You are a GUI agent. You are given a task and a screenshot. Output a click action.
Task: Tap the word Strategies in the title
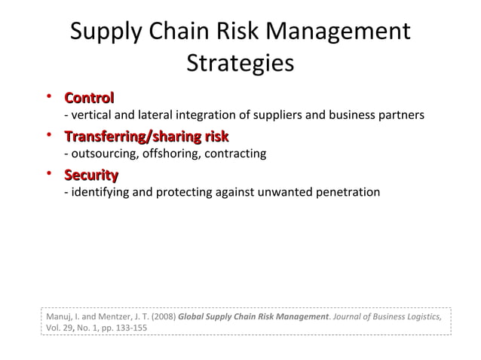(240, 63)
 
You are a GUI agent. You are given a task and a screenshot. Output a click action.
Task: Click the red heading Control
(89, 98)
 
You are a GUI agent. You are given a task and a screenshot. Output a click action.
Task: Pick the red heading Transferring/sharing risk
(146, 137)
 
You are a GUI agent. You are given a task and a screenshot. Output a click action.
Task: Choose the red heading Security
(91, 175)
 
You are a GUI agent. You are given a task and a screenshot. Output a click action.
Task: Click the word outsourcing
(101, 154)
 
